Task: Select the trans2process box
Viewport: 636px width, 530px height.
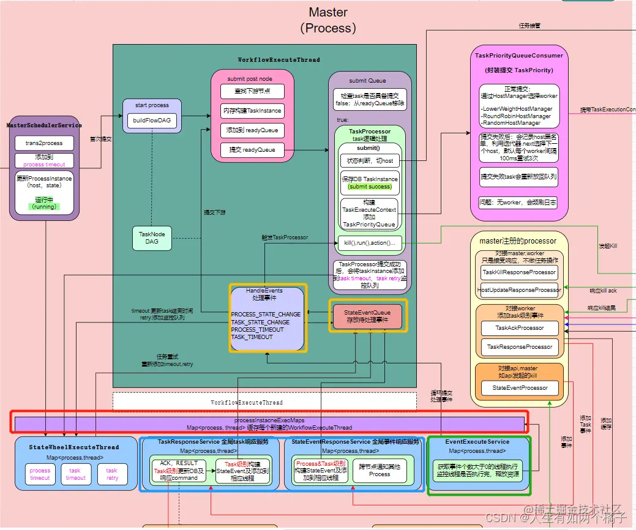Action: pyautogui.click(x=44, y=143)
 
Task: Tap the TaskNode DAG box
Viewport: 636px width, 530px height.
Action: pyautogui.click(x=152, y=238)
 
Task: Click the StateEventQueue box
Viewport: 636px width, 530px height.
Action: pyautogui.click(x=367, y=316)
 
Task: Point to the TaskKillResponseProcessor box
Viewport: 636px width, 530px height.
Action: pyautogui.click(x=519, y=272)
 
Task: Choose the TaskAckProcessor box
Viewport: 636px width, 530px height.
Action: pyautogui.click(x=519, y=328)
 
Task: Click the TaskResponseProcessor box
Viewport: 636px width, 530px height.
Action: pyautogui.click(x=519, y=347)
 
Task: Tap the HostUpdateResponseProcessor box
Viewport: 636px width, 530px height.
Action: pyautogui.click(x=519, y=290)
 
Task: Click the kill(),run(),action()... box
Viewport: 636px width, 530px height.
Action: pyautogui.click(x=369, y=243)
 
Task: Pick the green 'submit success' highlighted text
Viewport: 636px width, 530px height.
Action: pyautogui.click(x=369, y=186)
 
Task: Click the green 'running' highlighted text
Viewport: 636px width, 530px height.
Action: pyautogui.click(x=45, y=206)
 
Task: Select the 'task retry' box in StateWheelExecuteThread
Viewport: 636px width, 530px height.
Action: pyautogui.click(x=111, y=474)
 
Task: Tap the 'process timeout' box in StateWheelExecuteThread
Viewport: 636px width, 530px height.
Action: pyautogui.click(x=40, y=474)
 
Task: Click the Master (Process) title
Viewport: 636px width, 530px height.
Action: pyautogui.click(x=328, y=20)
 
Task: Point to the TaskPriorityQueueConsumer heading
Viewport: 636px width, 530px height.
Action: pyautogui.click(x=519, y=56)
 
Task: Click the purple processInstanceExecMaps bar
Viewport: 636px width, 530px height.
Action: pyautogui.click(x=269, y=424)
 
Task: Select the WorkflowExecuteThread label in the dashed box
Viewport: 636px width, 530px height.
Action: pyautogui.click(x=247, y=403)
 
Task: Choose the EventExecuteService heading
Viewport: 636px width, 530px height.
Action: pyautogui.click(x=477, y=441)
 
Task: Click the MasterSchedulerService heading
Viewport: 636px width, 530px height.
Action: pyautogui.click(x=44, y=125)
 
